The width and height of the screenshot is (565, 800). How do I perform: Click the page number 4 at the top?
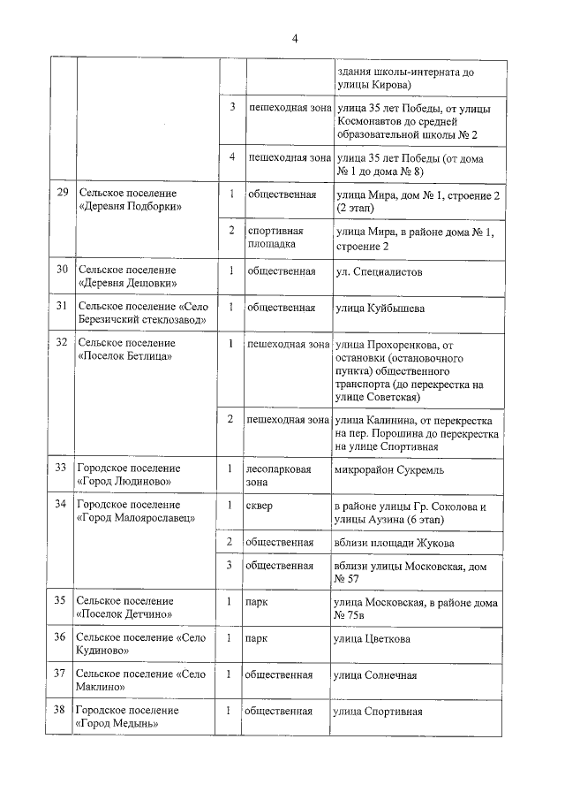[x=295, y=38]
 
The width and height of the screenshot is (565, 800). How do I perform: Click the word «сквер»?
[x=262, y=506]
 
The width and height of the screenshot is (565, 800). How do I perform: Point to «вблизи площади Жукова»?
[x=395, y=542]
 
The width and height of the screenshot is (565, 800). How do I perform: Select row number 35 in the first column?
[x=61, y=601]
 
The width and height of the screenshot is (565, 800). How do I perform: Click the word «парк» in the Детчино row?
[x=259, y=602]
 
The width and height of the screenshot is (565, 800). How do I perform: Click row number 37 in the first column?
[x=61, y=674]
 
